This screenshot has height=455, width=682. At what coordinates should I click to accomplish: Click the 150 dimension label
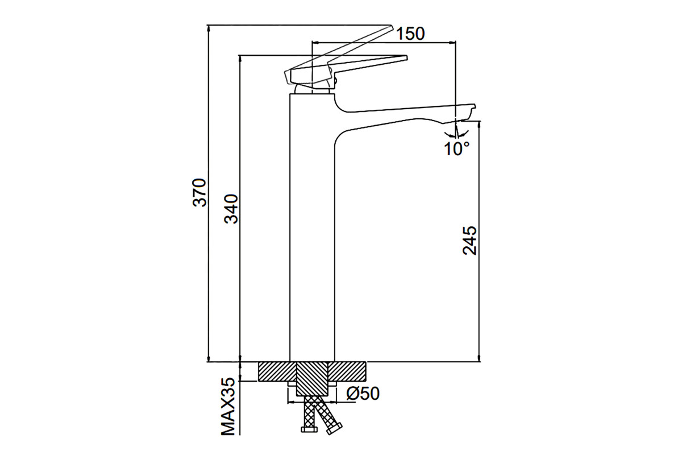point(410,34)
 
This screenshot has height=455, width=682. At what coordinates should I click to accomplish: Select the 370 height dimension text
point(200,193)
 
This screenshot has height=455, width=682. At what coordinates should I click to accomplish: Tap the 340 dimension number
point(231,209)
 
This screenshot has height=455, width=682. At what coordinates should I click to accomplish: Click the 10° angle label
point(457,148)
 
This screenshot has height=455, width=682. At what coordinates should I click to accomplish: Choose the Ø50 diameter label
point(363,394)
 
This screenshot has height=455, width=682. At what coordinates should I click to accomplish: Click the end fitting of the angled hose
point(334,429)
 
